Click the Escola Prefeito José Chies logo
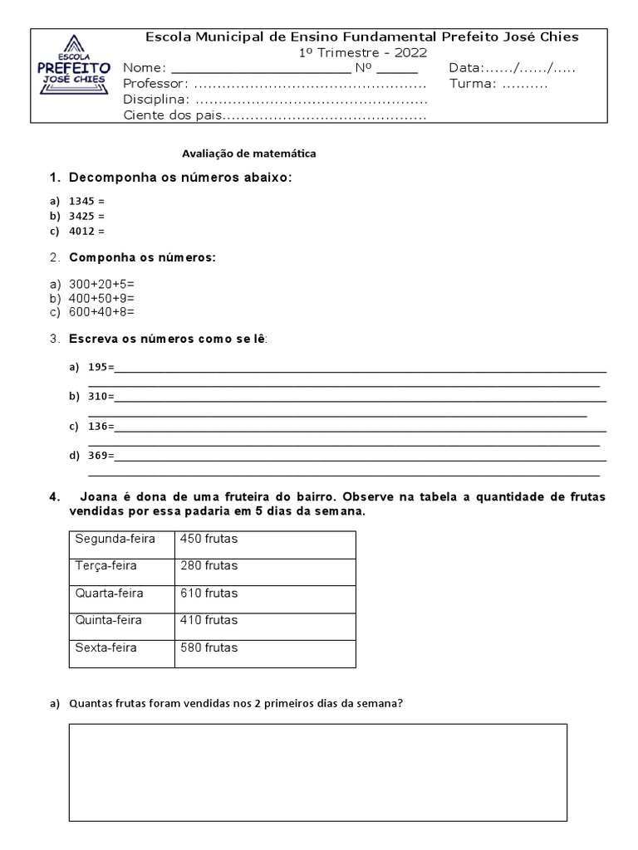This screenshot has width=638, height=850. coord(74,76)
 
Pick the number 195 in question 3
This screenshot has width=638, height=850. coord(98,367)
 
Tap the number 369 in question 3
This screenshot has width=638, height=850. coord(98,455)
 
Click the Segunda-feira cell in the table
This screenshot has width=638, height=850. coord(115,539)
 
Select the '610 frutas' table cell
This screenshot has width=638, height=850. coord(209,593)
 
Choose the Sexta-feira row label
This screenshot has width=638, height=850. coord(106,647)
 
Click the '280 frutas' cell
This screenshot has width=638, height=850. coord(209,566)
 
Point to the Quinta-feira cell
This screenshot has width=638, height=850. coord(108,620)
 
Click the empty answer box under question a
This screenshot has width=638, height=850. coord(318,772)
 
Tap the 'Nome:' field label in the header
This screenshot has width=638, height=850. coord(145,68)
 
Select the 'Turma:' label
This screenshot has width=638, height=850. coord(473,84)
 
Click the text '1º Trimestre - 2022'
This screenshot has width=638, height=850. coord(363,52)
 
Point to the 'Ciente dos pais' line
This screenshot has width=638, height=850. coord(173,115)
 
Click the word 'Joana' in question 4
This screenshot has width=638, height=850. coord(102,496)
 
